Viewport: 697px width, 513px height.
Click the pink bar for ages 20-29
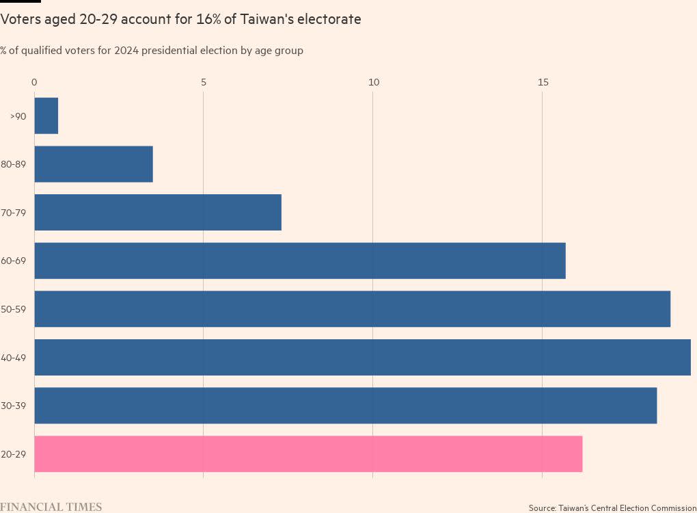[x=308, y=454]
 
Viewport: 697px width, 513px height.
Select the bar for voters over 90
[x=46, y=116]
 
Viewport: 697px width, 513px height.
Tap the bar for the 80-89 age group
[x=94, y=164]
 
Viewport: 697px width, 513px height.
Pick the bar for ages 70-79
[x=158, y=212]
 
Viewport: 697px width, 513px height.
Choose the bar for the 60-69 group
[x=300, y=261]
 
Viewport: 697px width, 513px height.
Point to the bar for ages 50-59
[x=352, y=309]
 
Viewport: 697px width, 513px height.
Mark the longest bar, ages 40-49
[x=362, y=357]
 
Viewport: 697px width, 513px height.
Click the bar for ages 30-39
[x=345, y=406]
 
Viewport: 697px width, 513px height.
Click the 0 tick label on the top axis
[x=34, y=83]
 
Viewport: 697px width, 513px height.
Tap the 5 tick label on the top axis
[x=204, y=83]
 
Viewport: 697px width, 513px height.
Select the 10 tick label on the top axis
[x=373, y=83]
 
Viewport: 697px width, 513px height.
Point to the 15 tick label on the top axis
[x=543, y=83]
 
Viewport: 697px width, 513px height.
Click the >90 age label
[x=18, y=116]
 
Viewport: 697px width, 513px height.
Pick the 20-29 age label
[x=14, y=455]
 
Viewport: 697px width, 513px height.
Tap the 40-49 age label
[x=14, y=358]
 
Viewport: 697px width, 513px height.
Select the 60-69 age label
[x=14, y=261]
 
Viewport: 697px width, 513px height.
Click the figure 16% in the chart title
[x=205, y=20]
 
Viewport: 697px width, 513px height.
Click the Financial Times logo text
[x=51, y=507]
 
